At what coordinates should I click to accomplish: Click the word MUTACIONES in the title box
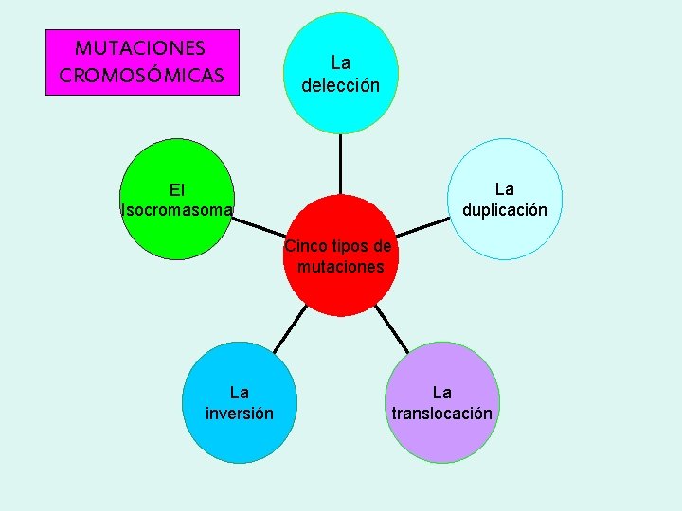(141, 47)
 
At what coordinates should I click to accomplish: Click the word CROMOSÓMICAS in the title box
(142, 74)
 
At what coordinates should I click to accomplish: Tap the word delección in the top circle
(341, 85)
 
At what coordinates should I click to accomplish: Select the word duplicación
(504, 210)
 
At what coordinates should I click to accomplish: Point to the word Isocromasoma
(177, 210)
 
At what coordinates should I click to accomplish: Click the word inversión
(240, 414)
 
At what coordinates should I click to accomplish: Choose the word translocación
(441, 414)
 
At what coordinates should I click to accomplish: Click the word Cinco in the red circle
(304, 247)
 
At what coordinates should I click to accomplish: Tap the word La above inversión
(240, 393)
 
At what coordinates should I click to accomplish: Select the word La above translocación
(441, 393)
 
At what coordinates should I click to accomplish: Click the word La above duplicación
(504, 190)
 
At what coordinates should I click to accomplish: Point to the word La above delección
(341, 63)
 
